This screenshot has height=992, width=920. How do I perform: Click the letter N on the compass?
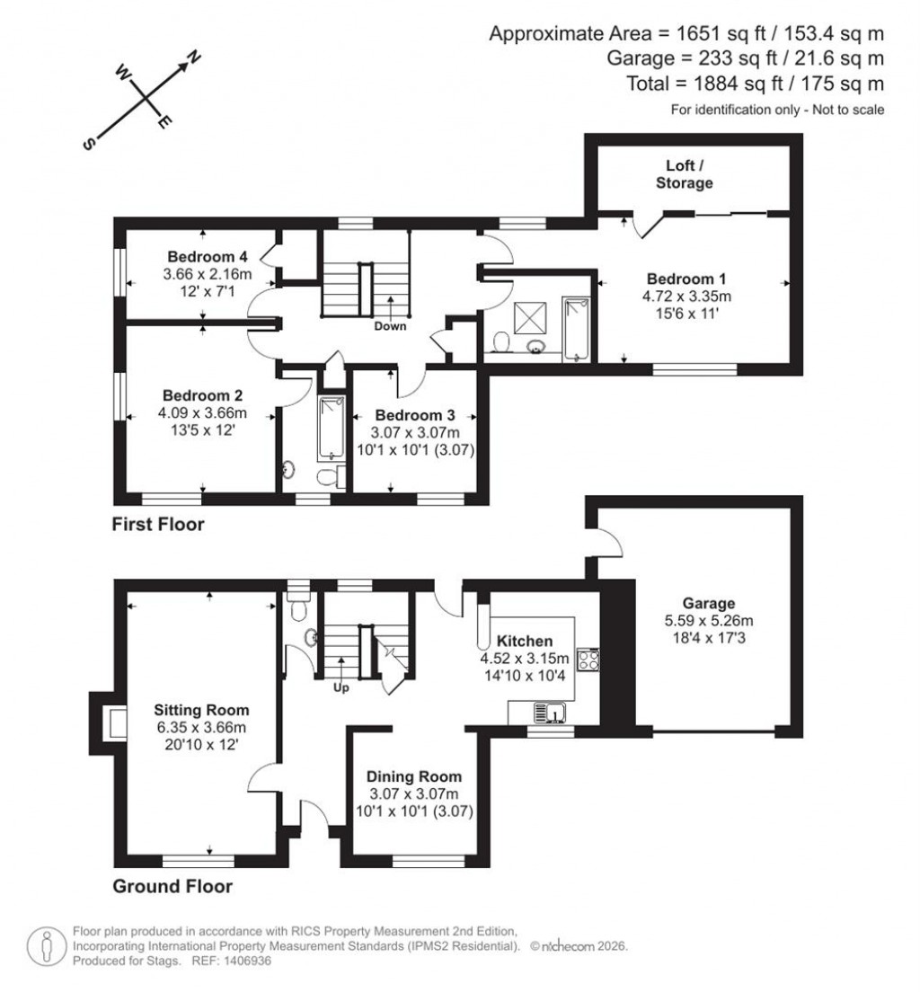click(192, 60)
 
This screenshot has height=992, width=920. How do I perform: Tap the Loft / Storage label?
click(689, 174)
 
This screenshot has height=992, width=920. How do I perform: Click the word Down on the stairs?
click(391, 326)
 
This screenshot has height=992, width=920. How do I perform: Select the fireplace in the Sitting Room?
click(114, 723)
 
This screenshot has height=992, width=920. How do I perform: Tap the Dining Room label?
click(414, 776)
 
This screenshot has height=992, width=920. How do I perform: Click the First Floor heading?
click(158, 525)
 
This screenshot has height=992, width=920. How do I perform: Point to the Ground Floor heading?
click(172, 887)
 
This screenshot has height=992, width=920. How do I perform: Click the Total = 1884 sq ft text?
click(755, 84)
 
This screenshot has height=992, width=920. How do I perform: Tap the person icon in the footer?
click(47, 946)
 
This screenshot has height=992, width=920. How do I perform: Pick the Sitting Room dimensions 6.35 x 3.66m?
click(201, 727)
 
